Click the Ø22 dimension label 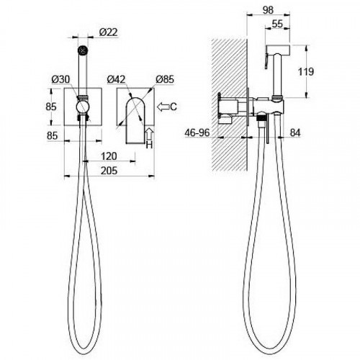click(109, 32)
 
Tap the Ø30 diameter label click(61, 79)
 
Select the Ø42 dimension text click(116, 79)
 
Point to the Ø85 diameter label click(165, 79)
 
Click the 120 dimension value click(109, 156)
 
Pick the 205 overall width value click(109, 171)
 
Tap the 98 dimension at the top click(268, 10)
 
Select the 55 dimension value click(277, 24)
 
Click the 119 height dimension click(306, 72)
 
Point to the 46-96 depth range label click(197, 132)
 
